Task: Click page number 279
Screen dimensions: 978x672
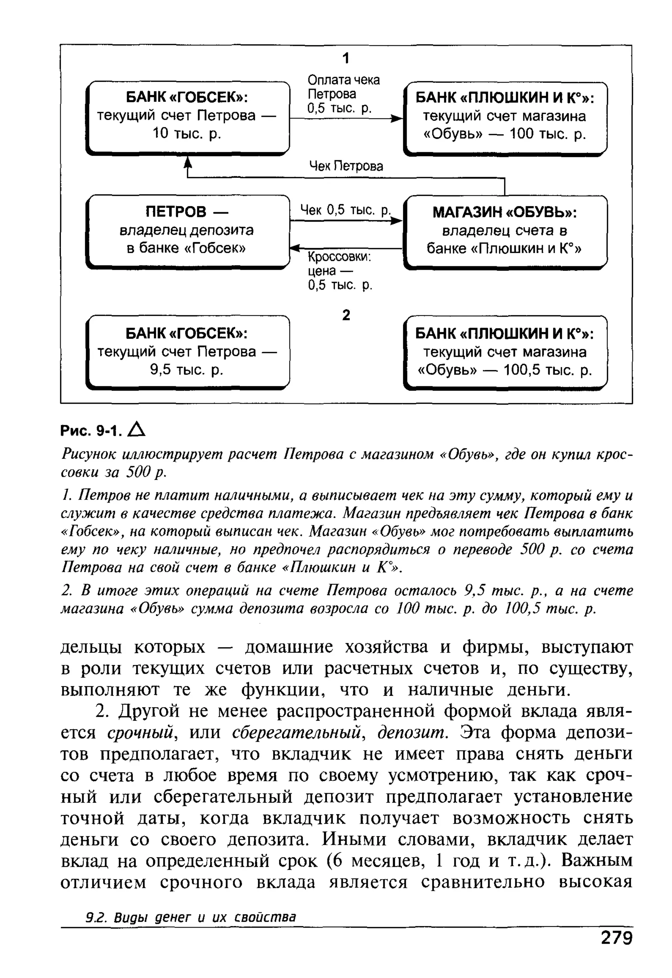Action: (x=616, y=949)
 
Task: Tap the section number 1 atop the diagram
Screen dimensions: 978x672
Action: (x=346, y=58)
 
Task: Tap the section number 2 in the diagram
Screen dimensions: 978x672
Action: (x=346, y=315)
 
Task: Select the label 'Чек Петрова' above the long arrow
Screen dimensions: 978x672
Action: (x=346, y=166)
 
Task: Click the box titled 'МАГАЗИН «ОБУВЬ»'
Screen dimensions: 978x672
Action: (x=505, y=231)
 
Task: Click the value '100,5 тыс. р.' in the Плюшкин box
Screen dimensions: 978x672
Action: (x=548, y=370)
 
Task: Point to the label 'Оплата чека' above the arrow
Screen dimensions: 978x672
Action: (x=344, y=80)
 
